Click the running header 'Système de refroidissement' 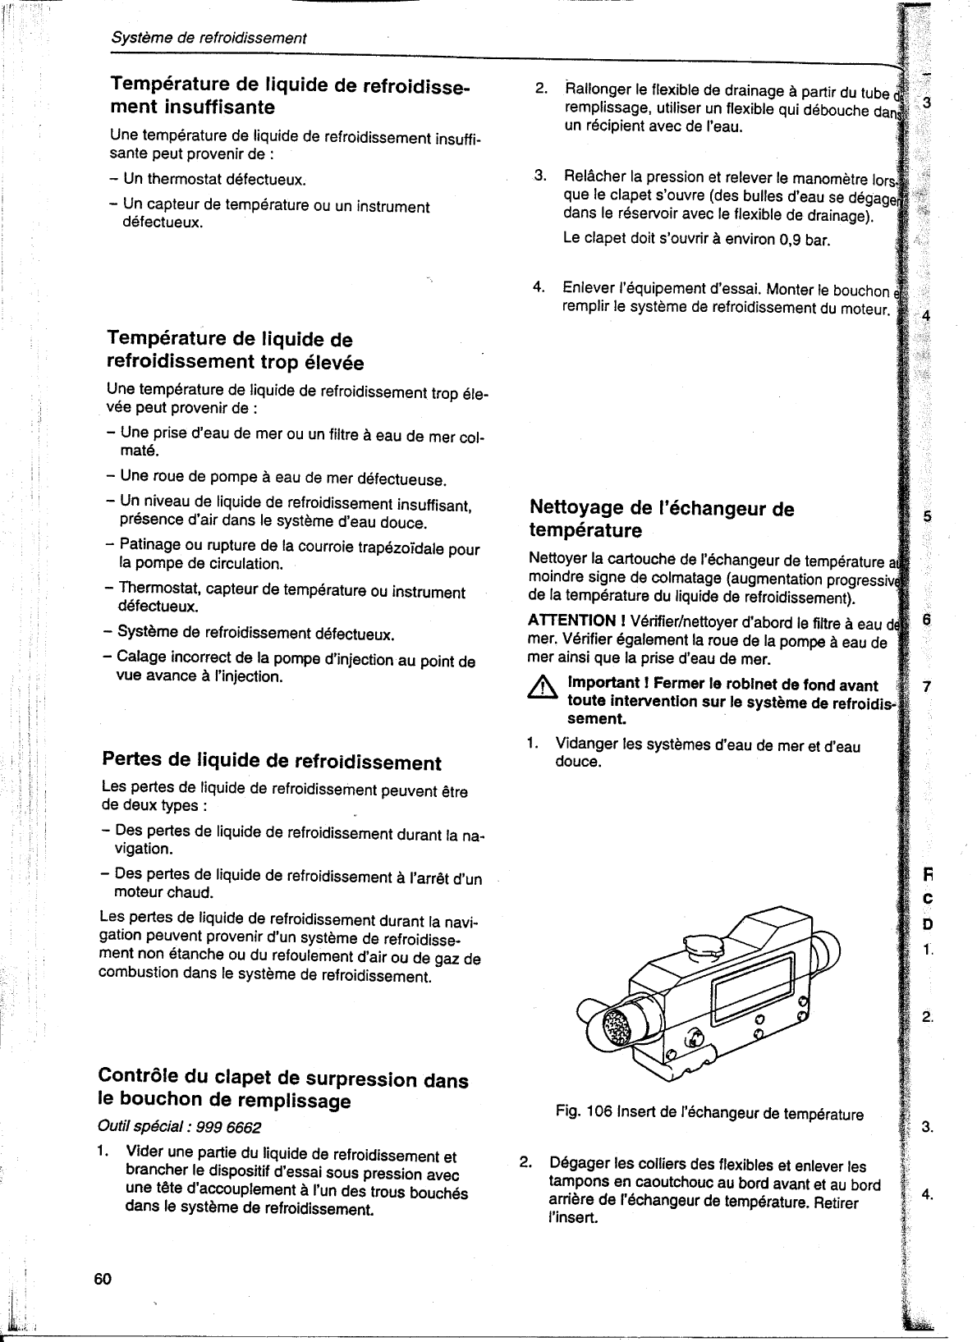[209, 38]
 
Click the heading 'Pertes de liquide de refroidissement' [271, 761]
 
